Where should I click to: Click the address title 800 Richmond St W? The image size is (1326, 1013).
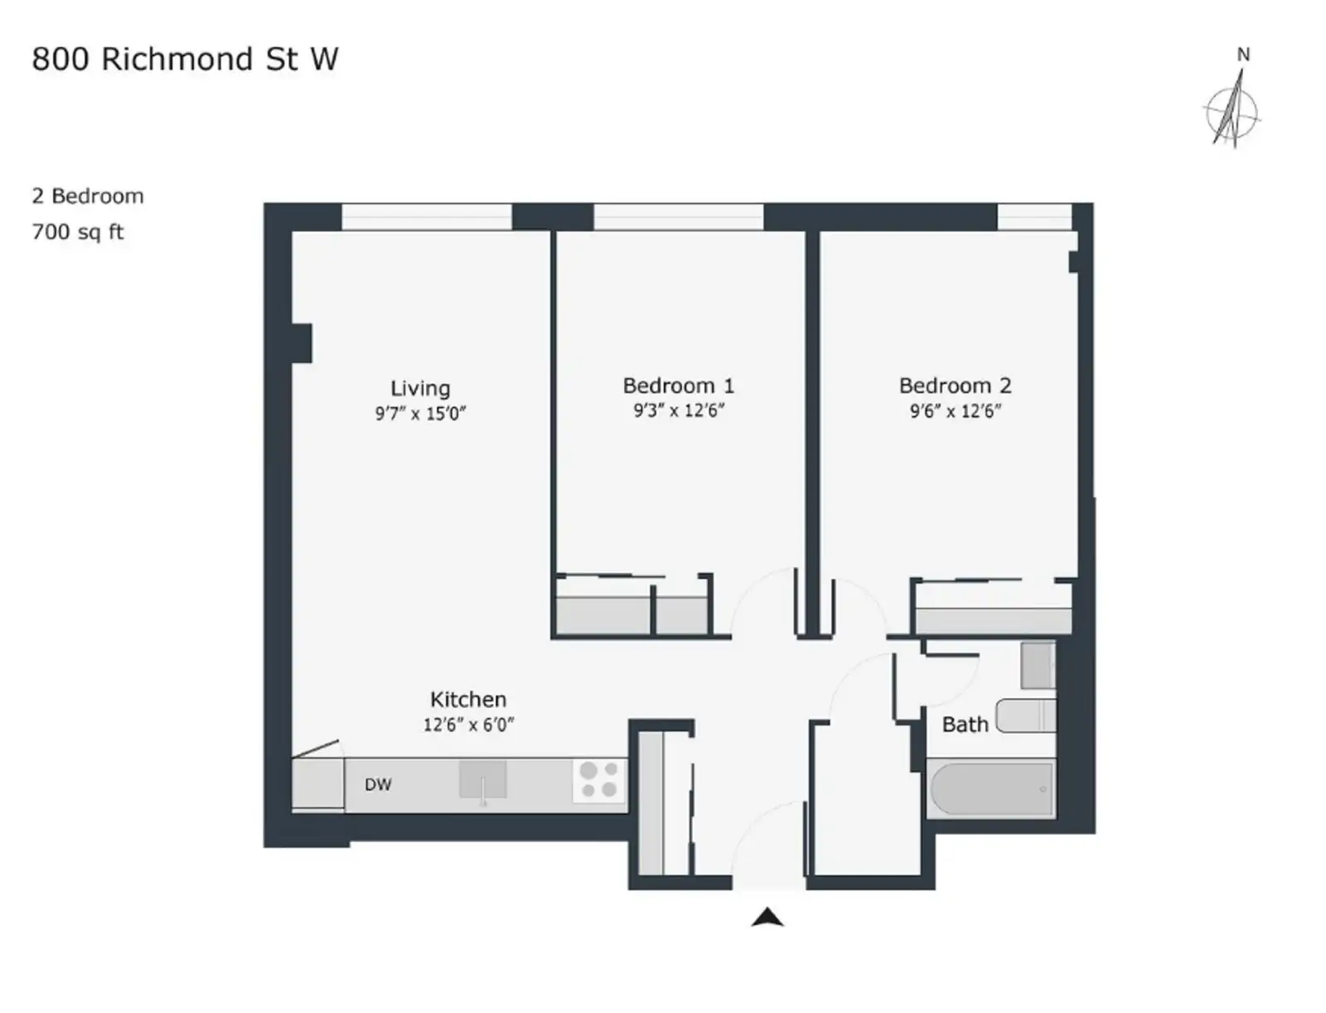click(x=184, y=60)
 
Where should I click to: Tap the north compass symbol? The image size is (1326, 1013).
click(x=1232, y=106)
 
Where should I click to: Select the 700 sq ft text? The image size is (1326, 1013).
click(x=78, y=232)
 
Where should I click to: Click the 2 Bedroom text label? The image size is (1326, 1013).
click(x=88, y=196)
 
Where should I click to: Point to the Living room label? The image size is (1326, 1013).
click(x=420, y=389)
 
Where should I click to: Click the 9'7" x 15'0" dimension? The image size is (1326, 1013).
click(x=420, y=414)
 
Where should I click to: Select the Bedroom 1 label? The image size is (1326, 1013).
click(x=679, y=385)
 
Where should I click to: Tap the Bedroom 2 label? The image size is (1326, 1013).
click(x=955, y=385)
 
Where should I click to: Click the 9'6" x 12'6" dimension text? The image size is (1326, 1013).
click(x=956, y=411)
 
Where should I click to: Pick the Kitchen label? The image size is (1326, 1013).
click(x=468, y=700)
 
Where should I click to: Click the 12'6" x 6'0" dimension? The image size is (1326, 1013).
click(x=468, y=725)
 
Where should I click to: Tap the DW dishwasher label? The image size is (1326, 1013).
click(x=378, y=785)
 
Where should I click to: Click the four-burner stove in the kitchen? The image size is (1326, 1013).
click(x=598, y=780)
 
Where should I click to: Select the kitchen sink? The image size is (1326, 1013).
click(x=482, y=780)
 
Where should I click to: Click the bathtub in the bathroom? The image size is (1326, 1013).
click(x=991, y=788)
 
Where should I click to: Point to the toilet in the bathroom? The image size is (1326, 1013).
click(x=1025, y=715)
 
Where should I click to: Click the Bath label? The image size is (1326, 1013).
click(x=965, y=725)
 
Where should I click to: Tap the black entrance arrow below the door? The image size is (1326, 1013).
click(x=767, y=917)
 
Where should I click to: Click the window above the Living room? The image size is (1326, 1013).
click(x=427, y=217)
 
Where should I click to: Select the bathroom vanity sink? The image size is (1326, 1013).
click(x=1038, y=665)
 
